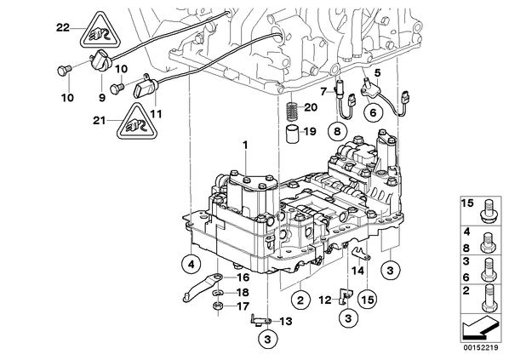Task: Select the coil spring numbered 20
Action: pos(292,111)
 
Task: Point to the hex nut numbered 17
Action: pos(218,306)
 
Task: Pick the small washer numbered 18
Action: pos(218,293)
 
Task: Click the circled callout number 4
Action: pos(192,265)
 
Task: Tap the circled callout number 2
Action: pos(300,300)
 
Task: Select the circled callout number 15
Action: pos(368,300)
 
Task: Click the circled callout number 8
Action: pos(337,132)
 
